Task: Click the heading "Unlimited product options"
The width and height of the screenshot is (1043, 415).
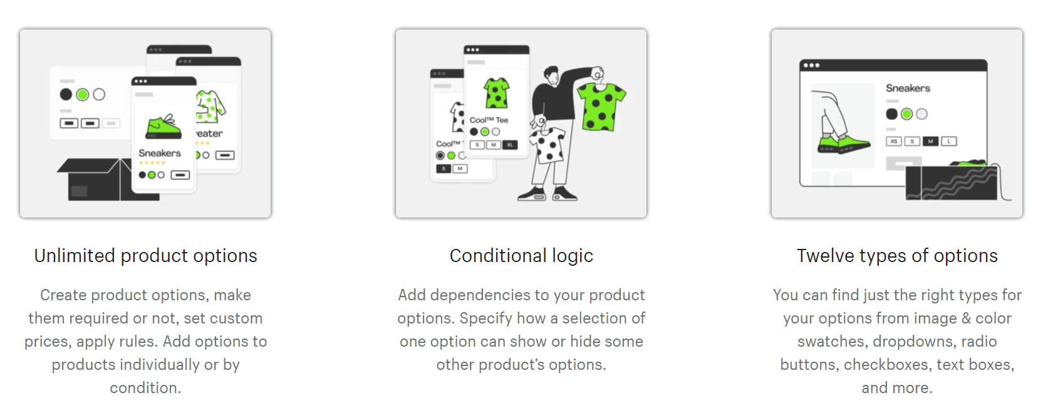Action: (x=146, y=256)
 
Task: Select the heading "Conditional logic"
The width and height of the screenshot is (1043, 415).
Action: (x=521, y=256)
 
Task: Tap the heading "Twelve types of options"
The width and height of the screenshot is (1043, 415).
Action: (x=897, y=256)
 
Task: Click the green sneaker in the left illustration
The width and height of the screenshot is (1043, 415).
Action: (x=163, y=127)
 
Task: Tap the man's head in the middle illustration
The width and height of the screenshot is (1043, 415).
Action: (x=552, y=76)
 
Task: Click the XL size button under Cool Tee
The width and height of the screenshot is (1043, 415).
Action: (x=510, y=145)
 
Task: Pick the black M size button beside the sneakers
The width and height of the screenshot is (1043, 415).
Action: (x=930, y=141)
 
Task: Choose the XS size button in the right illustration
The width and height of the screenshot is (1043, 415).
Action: (x=893, y=141)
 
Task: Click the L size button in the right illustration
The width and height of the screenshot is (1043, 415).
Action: (x=949, y=141)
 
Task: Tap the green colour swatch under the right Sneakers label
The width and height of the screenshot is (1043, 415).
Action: (x=906, y=114)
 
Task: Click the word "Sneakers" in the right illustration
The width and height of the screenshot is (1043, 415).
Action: (x=908, y=88)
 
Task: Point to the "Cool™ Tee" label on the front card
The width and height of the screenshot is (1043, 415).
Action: (x=489, y=120)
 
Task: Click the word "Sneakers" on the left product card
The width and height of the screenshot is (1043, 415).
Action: (x=159, y=153)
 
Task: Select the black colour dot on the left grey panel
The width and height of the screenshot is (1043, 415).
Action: (x=66, y=95)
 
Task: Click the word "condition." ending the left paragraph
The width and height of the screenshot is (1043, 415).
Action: (x=145, y=387)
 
